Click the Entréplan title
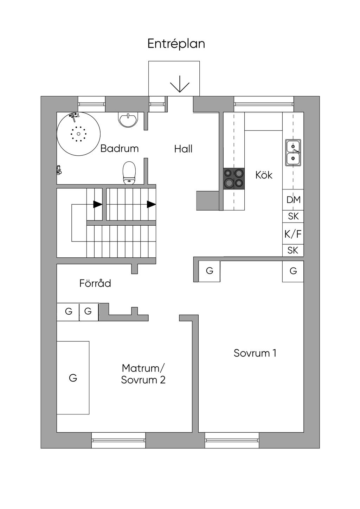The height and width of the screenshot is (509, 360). coord(176,44)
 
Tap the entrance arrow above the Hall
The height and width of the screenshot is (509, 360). coord(180,84)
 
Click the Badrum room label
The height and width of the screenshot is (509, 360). coord(120,148)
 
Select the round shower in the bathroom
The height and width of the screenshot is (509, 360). coord(78,134)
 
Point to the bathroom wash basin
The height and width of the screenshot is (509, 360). coord(128,120)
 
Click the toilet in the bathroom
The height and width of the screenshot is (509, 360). coord(129,173)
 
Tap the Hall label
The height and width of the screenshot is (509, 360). coord(183,149)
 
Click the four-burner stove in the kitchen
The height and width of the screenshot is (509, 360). coord(234,178)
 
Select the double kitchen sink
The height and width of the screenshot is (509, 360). coord(293,153)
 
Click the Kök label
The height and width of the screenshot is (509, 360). coord(264,175)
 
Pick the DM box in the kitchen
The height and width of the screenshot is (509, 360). coord(293,200)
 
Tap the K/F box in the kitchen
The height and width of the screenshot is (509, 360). coord(293,234)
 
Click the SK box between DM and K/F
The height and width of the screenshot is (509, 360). coord(293,216)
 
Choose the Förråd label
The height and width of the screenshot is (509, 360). coord(95,283)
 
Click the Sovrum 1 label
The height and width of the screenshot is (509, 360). coord(255,353)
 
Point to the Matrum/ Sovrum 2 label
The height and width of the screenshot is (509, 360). coord(143,374)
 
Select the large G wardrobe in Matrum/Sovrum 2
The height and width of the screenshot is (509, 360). coord(73,378)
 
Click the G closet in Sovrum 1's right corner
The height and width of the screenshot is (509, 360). coord(293,271)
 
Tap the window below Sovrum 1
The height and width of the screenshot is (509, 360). coord(232,440)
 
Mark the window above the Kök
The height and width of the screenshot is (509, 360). coord(264,104)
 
